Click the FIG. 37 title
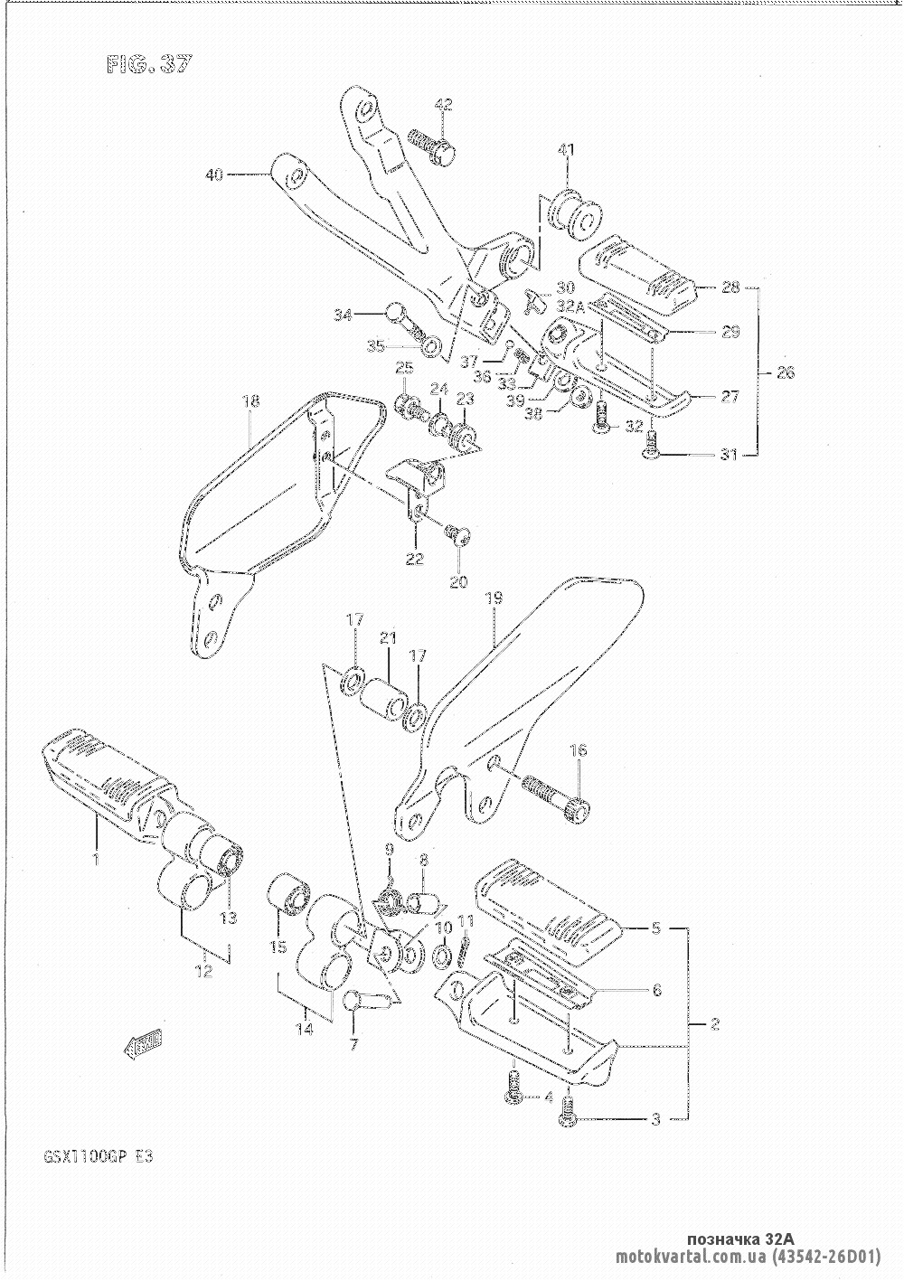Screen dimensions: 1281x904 (x=148, y=65)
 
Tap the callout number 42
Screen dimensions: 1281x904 (x=443, y=105)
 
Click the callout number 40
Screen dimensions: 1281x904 (x=213, y=175)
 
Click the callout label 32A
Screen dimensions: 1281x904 (x=571, y=306)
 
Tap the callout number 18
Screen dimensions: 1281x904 (x=251, y=401)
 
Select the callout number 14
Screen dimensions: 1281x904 (x=306, y=1028)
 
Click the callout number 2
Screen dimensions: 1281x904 (x=714, y=1024)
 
